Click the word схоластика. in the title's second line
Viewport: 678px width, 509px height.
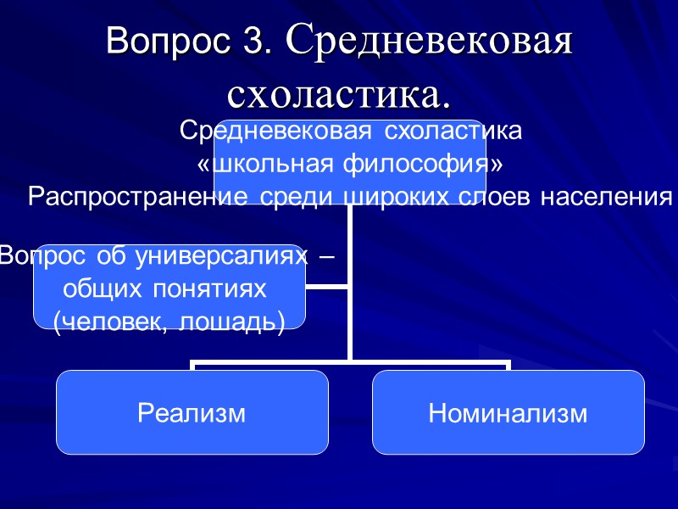pyautogui.click(x=339, y=92)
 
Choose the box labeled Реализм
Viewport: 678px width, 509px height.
pyautogui.click(x=192, y=413)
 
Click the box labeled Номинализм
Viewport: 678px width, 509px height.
pyautogui.click(x=508, y=413)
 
